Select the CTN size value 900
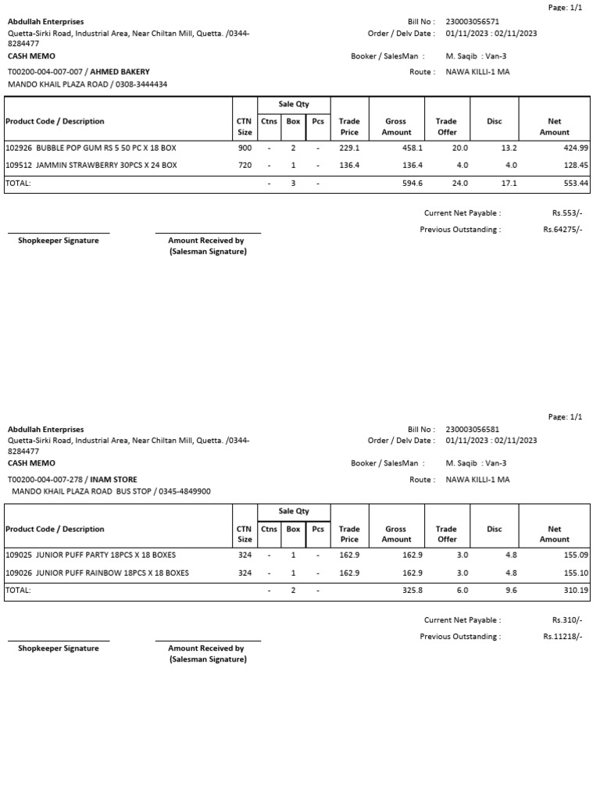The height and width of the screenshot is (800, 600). [x=245, y=148]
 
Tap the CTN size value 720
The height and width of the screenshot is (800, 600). [x=245, y=166]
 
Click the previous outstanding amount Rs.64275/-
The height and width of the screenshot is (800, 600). [x=562, y=230]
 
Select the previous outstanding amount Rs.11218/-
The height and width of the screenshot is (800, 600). [x=562, y=637]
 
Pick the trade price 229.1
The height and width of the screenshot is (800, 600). [x=349, y=148]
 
